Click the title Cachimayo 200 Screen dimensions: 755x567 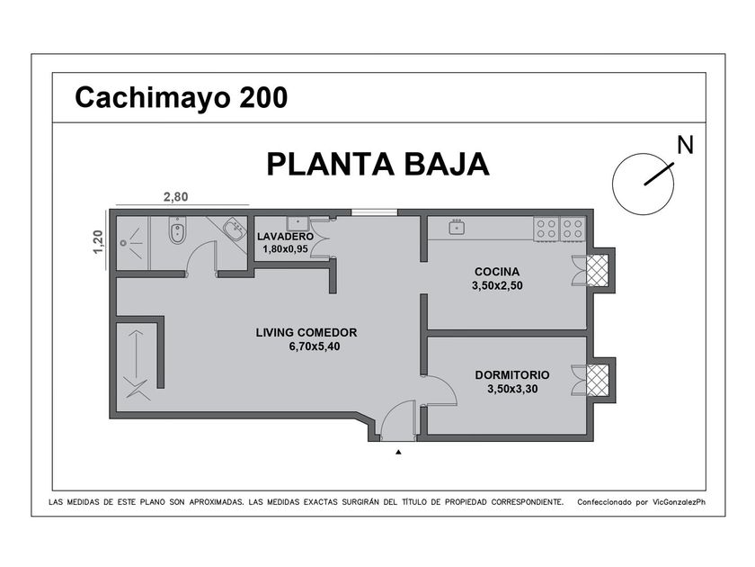181,97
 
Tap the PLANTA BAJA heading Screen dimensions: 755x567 378,165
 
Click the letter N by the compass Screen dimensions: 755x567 685,145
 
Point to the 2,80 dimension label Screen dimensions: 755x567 176,197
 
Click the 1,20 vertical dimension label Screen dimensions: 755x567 98,242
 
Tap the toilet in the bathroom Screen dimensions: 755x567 177,230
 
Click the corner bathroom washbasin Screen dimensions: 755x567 235,228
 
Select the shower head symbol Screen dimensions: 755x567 124,243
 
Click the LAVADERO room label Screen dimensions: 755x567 285,237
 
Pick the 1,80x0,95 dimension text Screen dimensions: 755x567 285,249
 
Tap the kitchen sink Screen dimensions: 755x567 457,227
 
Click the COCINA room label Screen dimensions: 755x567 497,272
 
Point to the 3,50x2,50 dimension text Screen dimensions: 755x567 497,285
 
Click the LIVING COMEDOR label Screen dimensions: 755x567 306,333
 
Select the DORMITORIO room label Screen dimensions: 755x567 511,375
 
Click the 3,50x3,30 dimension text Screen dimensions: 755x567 512,389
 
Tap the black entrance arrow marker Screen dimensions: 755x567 398,452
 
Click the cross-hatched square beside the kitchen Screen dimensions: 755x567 597,270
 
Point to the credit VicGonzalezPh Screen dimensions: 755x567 679,502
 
